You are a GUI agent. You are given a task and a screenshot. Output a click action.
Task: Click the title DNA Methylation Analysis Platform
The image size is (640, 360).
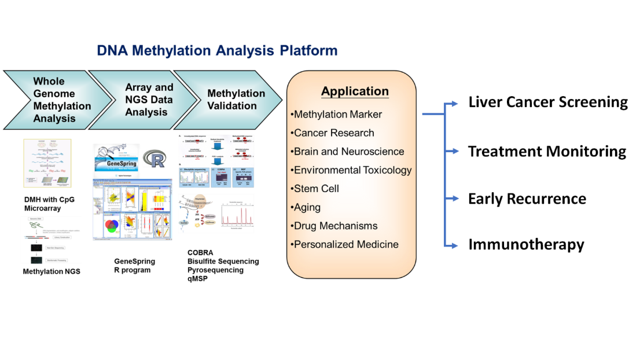217,50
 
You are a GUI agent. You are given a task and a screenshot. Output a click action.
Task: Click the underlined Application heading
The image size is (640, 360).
355,91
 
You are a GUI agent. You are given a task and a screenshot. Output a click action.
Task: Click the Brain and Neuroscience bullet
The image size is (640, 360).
347,152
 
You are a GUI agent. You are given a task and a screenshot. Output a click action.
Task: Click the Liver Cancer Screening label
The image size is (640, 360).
547,102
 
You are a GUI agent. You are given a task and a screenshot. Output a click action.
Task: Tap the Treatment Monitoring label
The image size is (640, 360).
547,152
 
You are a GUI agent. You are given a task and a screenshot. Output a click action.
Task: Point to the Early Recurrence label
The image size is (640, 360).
527,199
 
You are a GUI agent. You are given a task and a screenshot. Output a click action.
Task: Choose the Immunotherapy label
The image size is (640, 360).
526,245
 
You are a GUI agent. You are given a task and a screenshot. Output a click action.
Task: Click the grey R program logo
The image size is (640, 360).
154,159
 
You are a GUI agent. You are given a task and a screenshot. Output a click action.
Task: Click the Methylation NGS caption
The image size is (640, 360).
52,271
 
